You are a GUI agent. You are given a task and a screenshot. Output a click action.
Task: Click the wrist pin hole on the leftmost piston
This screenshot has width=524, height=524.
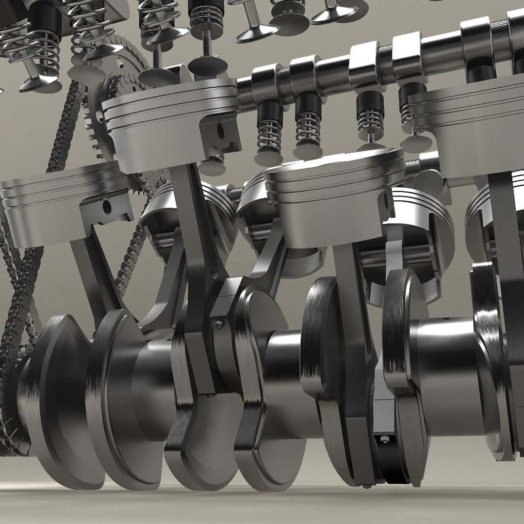pos(107,208)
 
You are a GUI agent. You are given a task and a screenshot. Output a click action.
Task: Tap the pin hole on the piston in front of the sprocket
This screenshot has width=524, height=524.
pos(220,131)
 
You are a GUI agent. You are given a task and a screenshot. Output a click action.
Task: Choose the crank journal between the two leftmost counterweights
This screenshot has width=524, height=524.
pos(92,383)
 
